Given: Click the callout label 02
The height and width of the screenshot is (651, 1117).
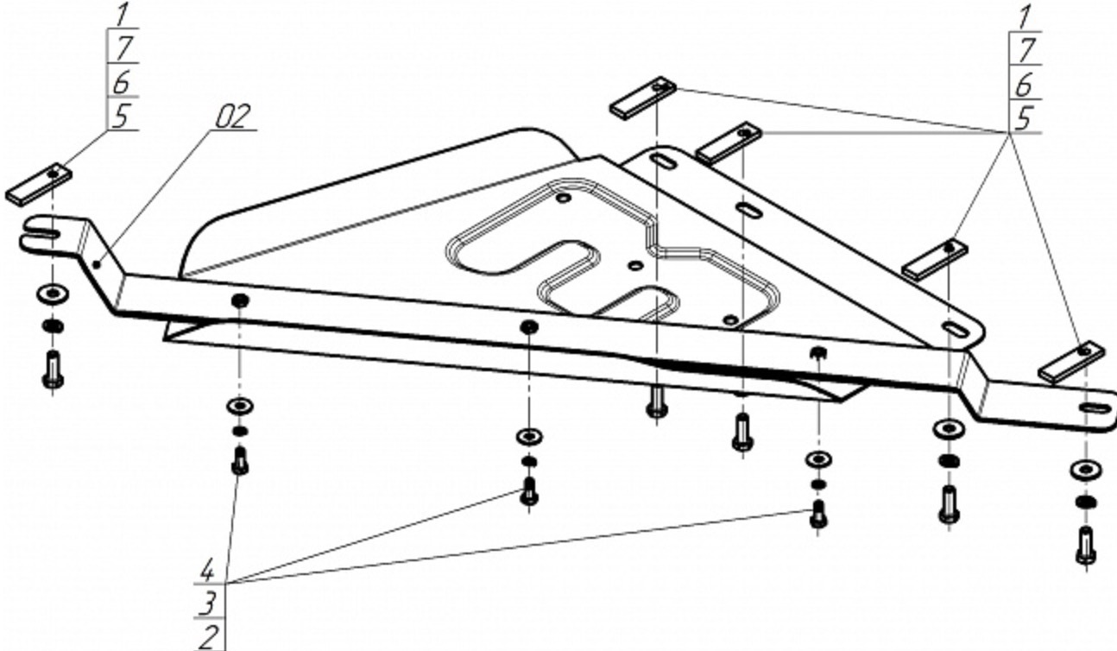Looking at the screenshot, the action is point(233,117).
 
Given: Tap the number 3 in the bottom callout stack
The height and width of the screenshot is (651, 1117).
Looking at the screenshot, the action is point(207,604).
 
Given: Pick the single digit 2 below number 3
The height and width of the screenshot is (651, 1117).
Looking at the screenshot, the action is point(208,637).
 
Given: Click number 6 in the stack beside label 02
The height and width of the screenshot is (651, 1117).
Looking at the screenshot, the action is point(121,82).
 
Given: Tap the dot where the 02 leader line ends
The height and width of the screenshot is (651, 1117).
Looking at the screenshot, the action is point(97,263).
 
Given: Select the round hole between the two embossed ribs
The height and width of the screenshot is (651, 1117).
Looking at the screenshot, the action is point(634,265).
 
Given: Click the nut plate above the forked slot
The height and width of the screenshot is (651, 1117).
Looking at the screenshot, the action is point(38,184).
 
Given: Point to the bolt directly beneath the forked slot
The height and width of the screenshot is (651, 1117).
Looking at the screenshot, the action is point(53,370).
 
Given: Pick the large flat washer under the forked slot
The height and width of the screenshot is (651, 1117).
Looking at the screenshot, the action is point(53,294).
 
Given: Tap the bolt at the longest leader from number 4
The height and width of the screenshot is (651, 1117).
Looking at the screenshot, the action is point(817,515).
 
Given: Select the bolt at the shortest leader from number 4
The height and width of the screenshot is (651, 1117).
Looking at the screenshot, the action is point(240,460).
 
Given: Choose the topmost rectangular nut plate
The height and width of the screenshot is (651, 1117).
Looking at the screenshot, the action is point(643,98).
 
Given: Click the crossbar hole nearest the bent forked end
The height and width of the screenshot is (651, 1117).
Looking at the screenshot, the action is point(240,300).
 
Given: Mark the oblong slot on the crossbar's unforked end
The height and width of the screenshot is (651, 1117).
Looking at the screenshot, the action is point(1095,408).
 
